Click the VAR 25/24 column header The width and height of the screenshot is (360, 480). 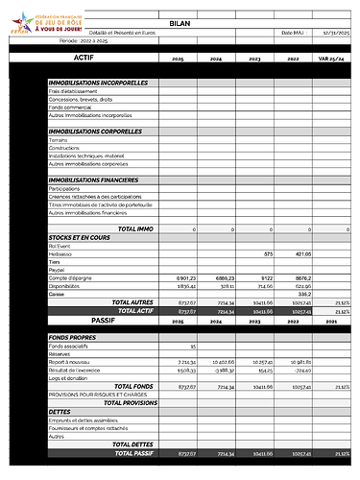pyautogui.click(x=335, y=59)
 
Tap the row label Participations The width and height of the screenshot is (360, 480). pyautogui.click(x=64, y=188)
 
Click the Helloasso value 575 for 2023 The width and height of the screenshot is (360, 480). pyautogui.click(x=269, y=253)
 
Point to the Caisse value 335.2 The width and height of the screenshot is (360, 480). pyautogui.click(x=304, y=294)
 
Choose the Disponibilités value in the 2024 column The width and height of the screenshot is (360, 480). pyautogui.click(x=226, y=285)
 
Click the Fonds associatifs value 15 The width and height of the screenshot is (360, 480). pyautogui.click(x=193, y=345)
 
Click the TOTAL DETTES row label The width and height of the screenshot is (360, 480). pyautogui.click(x=132, y=444)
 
